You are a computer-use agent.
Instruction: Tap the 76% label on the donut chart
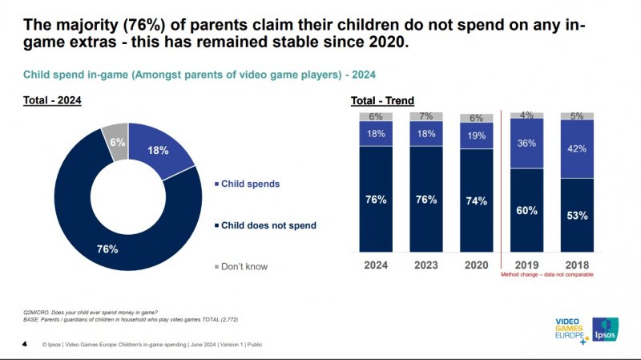pyautogui.click(x=107, y=249)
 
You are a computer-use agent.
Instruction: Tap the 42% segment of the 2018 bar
pyautogui.click(x=577, y=148)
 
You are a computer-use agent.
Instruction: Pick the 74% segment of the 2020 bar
pyautogui.click(x=477, y=200)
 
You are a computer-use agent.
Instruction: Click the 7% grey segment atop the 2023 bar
pyautogui.click(x=426, y=117)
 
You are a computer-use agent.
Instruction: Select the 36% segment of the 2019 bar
pyautogui.click(x=526, y=144)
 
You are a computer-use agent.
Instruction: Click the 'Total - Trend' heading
pyautogui.click(x=382, y=100)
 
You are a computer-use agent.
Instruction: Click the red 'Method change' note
pyautogui.click(x=547, y=274)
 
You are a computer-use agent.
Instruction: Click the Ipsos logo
pyautogui.click(x=605, y=329)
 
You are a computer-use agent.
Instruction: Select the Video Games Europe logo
pyautogui.click(x=570, y=330)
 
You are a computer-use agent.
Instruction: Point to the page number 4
pyautogui.click(x=24, y=345)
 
